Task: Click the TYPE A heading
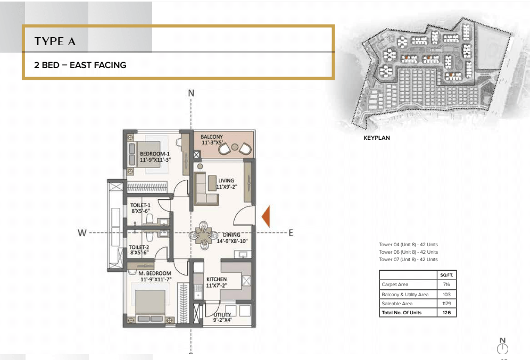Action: [x=55, y=41]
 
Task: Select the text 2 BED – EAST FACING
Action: [x=80, y=65]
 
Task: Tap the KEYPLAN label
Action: [x=377, y=138]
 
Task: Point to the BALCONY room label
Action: [x=212, y=137]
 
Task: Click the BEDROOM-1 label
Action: [x=155, y=154]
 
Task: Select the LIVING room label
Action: [x=226, y=180]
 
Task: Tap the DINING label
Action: [x=231, y=235]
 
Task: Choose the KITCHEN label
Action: [x=217, y=279]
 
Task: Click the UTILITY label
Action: [x=222, y=315]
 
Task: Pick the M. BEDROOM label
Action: [x=155, y=273]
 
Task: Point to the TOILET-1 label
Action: [x=140, y=205]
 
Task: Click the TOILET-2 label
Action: [x=139, y=247]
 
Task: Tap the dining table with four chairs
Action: [x=203, y=235]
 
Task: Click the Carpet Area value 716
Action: [x=446, y=284]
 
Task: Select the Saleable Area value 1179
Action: [x=446, y=303]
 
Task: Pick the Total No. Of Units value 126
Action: [x=446, y=312]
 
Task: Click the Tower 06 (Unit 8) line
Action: [x=408, y=252]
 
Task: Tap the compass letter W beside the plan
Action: [x=82, y=233]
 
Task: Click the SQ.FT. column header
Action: [x=446, y=275]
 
